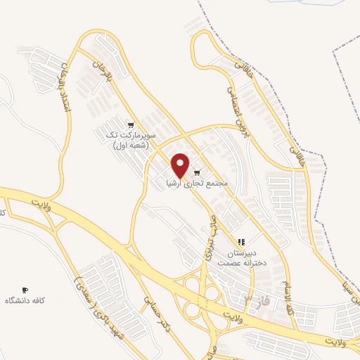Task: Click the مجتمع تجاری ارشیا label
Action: click(x=196, y=183)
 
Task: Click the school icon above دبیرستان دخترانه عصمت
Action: click(x=241, y=242)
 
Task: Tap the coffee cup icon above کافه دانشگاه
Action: click(x=25, y=290)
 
